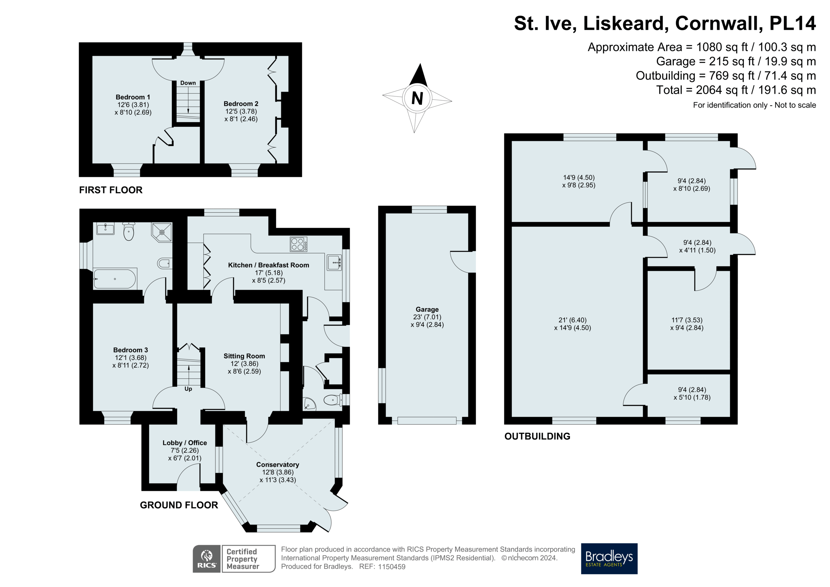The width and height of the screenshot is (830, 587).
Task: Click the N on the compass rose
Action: click(x=417, y=98)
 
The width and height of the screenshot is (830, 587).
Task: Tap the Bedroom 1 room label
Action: click(x=133, y=97)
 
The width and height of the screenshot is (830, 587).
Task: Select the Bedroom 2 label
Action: click(x=241, y=104)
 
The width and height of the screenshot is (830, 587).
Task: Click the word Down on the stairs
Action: click(x=188, y=83)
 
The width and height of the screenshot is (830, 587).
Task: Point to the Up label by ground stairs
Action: click(x=188, y=389)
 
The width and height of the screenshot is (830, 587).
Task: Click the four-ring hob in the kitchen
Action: click(x=298, y=244)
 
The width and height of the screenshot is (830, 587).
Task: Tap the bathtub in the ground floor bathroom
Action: click(x=114, y=279)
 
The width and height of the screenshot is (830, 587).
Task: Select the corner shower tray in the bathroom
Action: click(x=162, y=232)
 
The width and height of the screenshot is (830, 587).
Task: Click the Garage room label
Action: click(x=427, y=309)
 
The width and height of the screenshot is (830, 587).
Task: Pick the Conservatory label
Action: click(x=278, y=465)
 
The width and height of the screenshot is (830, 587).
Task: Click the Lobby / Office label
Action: click(x=185, y=443)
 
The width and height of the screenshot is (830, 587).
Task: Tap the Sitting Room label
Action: click(x=244, y=356)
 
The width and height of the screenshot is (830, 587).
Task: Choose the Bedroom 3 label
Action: click(x=130, y=350)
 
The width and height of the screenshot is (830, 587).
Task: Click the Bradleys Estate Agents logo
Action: click(x=609, y=558)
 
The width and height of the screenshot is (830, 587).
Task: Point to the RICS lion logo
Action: click(x=207, y=559)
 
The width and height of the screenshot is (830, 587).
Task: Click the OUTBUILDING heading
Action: click(x=537, y=436)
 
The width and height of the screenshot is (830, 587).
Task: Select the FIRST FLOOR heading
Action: click(x=111, y=190)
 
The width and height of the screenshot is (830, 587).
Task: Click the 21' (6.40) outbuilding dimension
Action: click(x=573, y=320)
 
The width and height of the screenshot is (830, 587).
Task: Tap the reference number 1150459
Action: click(x=391, y=567)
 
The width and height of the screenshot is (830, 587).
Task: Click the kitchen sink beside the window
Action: click(x=334, y=262)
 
